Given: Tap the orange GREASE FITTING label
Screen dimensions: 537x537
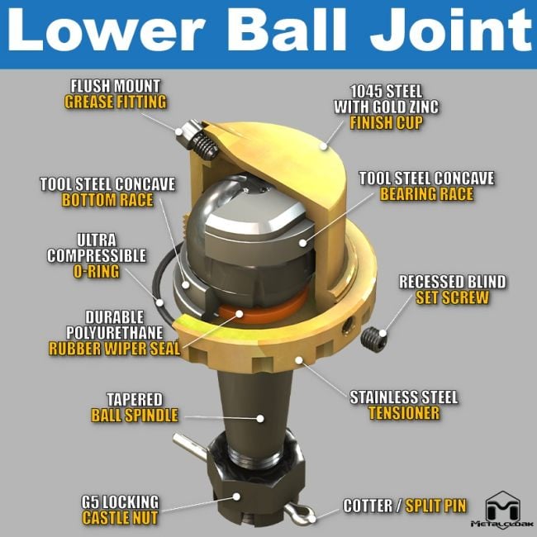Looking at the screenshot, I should [116, 102].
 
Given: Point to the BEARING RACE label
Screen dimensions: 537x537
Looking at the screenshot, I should [426, 195].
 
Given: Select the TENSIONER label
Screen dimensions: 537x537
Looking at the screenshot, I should [403, 413].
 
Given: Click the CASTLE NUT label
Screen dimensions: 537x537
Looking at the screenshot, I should [121, 518].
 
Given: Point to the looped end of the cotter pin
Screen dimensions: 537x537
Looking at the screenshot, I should [308, 514].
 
